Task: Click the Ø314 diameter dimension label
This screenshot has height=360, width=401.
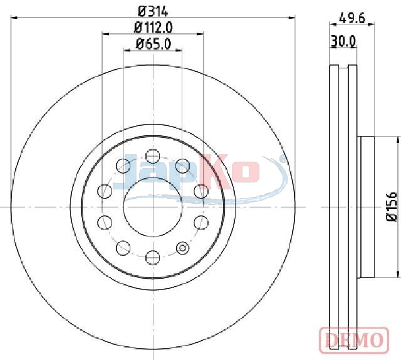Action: point(153,11)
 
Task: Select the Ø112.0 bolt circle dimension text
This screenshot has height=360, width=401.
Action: point(153,28)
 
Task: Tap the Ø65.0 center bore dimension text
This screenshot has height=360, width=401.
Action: point(153,44)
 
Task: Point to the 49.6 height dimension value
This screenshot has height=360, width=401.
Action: point(352,18)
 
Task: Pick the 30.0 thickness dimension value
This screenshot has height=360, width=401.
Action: point(343,41)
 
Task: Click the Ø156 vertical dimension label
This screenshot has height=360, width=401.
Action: point(391,206)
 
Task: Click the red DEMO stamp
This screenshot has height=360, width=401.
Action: point(354,340)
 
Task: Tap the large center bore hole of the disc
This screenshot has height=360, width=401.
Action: point(153,207)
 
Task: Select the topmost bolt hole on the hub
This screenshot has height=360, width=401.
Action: point(153,156)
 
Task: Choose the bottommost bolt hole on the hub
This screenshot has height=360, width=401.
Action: point(153,258)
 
